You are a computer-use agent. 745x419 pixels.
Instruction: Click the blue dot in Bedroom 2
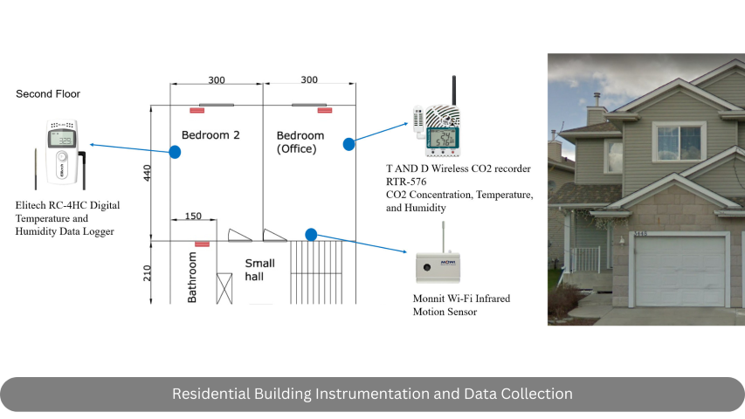(175, 152)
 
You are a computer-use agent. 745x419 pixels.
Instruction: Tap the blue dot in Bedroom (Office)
(348, 143)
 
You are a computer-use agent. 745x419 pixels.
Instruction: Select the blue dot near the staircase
(311, 234)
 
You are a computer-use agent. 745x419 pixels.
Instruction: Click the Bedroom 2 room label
(210, 135)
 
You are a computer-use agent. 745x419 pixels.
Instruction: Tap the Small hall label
(259, 270)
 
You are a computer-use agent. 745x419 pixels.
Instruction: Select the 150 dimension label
(193, 216)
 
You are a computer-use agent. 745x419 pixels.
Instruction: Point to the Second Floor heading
(48, 93)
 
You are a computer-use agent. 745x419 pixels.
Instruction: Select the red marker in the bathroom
(202, 244)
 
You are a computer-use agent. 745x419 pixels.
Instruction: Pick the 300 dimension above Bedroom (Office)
(308, 80)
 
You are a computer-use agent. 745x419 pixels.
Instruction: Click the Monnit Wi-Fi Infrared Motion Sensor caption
(461, 305)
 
